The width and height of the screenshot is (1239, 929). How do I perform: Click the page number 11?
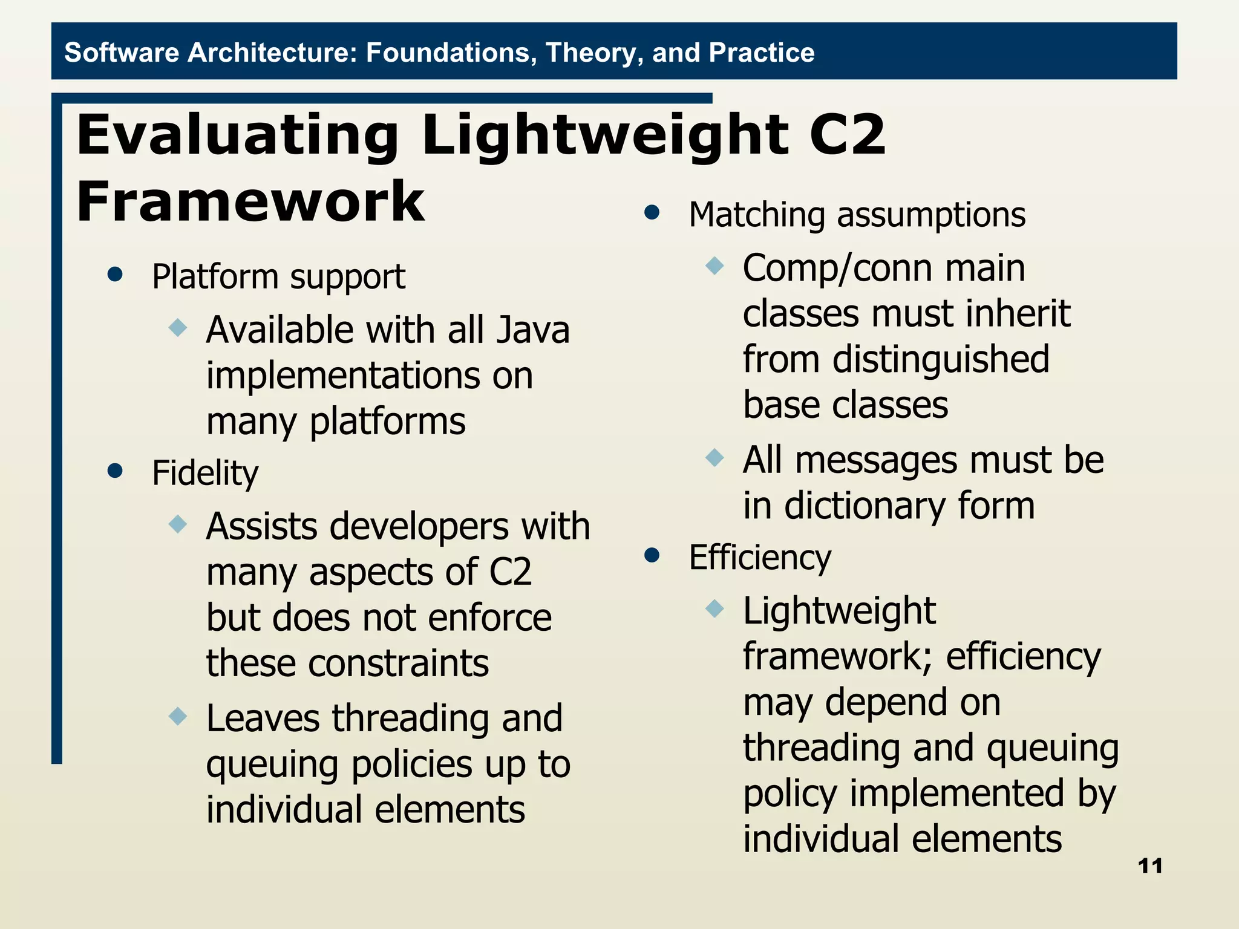click(x=1150, y=866)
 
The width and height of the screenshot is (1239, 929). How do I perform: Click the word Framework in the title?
click(x=250, y=201)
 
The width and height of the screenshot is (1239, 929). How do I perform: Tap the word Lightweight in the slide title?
click(x=605, y=135)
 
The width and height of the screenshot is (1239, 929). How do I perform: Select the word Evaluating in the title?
click(x=238, y=135)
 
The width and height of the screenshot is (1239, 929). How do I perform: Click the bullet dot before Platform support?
click(x=115, y=275)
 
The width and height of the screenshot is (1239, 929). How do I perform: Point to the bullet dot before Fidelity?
click(x=115, y=471)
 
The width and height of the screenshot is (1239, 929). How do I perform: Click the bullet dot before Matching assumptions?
click(x=652, y=212)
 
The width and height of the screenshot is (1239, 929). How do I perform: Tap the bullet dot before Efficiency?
click(x=652, y=555)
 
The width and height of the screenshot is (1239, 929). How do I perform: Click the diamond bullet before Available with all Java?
click(x=178, y=328)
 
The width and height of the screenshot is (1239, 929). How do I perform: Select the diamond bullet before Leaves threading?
click(x=178, y=716)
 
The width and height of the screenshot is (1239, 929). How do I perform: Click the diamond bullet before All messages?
click(x=714, y=457)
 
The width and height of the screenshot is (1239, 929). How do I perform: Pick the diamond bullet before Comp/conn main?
click(x=714, y=266)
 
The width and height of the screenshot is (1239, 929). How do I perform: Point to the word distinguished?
click(x=941, y=359)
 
